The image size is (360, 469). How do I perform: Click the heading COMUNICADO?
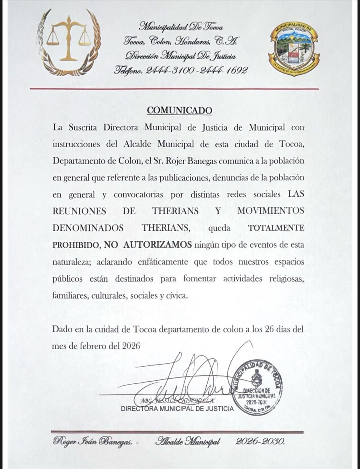point(179,110)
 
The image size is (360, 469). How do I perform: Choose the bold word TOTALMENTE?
point(276,228)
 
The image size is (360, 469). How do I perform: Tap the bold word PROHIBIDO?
point(76,245)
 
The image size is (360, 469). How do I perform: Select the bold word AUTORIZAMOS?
point(158,245)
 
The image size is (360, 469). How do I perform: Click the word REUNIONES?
point(79,211)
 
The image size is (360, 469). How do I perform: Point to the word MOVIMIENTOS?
point(271,211)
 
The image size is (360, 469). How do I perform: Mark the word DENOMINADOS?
point(88,228)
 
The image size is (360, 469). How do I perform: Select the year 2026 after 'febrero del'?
point(131,346)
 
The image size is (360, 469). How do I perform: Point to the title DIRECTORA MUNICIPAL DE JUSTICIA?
point(177,409)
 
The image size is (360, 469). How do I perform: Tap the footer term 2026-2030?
point(260,442)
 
